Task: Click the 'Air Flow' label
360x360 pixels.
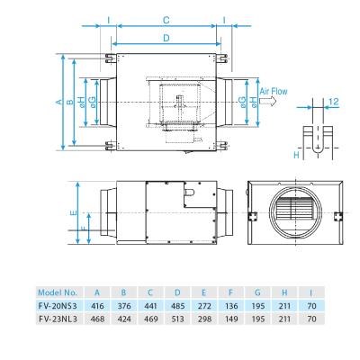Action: point(274,92)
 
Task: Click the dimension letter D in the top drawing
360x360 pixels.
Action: point(166,38)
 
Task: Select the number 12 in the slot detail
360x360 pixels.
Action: point(333,102)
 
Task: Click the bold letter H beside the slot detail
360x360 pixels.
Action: point(296,155)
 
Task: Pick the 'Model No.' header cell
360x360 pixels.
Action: point(58,292)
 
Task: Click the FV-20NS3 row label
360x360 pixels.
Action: point(58,306)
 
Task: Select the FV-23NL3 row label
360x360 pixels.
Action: point(58,319)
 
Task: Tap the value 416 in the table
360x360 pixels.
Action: point(97,306)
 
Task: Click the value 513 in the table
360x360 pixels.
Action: point(177,319)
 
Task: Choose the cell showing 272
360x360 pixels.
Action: point(203,306)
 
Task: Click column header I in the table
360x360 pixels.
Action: point(310,292)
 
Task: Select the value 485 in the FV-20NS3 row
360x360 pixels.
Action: point(177,306)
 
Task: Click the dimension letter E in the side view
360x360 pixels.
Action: point(73,213)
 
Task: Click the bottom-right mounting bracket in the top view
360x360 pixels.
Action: point(221,145)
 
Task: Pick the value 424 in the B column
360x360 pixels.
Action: point(123,319)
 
